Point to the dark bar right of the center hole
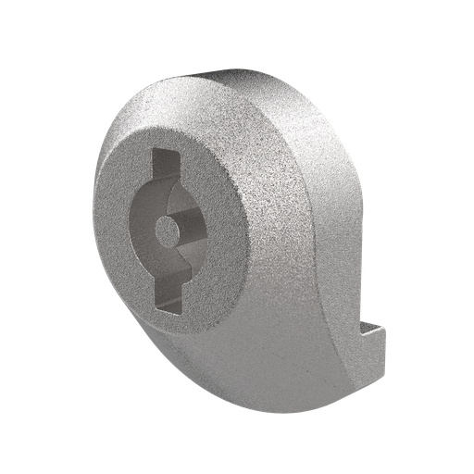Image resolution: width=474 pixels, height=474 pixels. tap(197, 226)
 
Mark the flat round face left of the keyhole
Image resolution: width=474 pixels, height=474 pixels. tap(114, 231)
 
